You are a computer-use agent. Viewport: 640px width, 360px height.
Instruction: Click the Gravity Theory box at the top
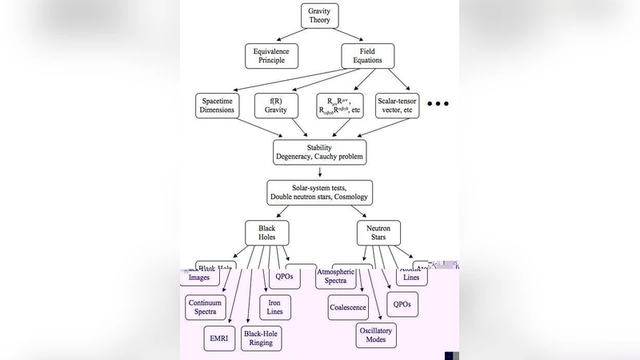[x=319, y=15]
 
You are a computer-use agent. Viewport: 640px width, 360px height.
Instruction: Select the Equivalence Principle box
[x=271, y=55]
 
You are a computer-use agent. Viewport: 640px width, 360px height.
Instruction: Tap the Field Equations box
[x=367, y=55]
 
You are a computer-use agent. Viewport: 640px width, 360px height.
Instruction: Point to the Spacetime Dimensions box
[x=217, y=106]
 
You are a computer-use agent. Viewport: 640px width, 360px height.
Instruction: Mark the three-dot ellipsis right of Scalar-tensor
[x=438, y=104]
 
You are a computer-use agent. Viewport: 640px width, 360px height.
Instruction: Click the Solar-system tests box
[x=320, y=192]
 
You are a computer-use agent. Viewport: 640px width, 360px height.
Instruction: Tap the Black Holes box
[x=266, y=233]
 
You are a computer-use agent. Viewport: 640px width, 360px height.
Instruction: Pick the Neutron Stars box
[x=378, y=233]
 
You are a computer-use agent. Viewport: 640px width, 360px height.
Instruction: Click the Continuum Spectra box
[x=206, y=307]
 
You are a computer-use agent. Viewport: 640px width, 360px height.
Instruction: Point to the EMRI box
[x=218, y=338]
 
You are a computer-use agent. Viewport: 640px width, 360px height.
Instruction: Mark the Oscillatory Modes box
[x=376, y=334]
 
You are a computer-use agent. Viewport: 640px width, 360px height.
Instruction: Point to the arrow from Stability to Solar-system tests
[x=320, y=172]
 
